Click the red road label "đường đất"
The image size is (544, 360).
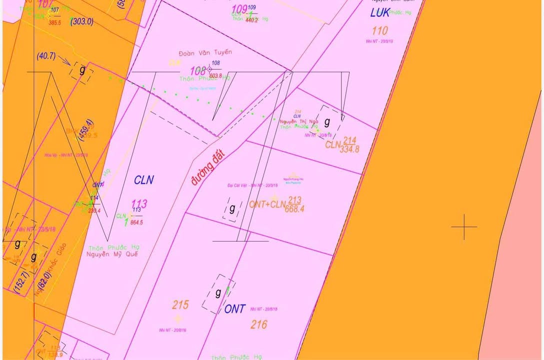point(208,167)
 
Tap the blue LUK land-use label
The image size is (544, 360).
point(380,13)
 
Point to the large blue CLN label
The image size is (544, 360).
point(144,180)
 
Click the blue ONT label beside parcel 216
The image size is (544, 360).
point(234,309)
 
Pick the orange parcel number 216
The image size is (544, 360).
point(258,325)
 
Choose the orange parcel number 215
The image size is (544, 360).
point(180,305)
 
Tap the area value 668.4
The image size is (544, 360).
point(294,209)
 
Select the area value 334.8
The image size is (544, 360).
point(349,149)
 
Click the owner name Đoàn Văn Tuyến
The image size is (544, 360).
point(205,52)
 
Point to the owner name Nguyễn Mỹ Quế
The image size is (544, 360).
point(112,254)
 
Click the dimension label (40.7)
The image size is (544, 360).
point(46,56)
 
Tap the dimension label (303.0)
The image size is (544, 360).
point(82,21)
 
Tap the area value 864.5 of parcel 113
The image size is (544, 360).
point(136,222)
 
